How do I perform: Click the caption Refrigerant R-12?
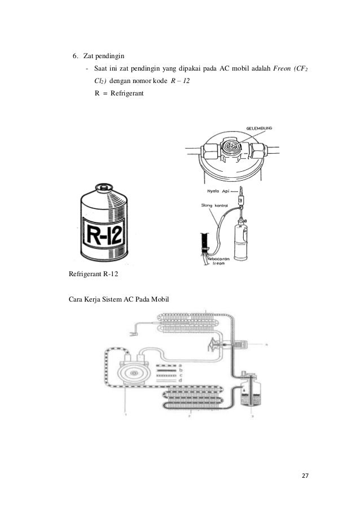[94, 275]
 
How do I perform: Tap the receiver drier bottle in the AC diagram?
[247, 390]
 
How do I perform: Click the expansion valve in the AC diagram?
[216, 344]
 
